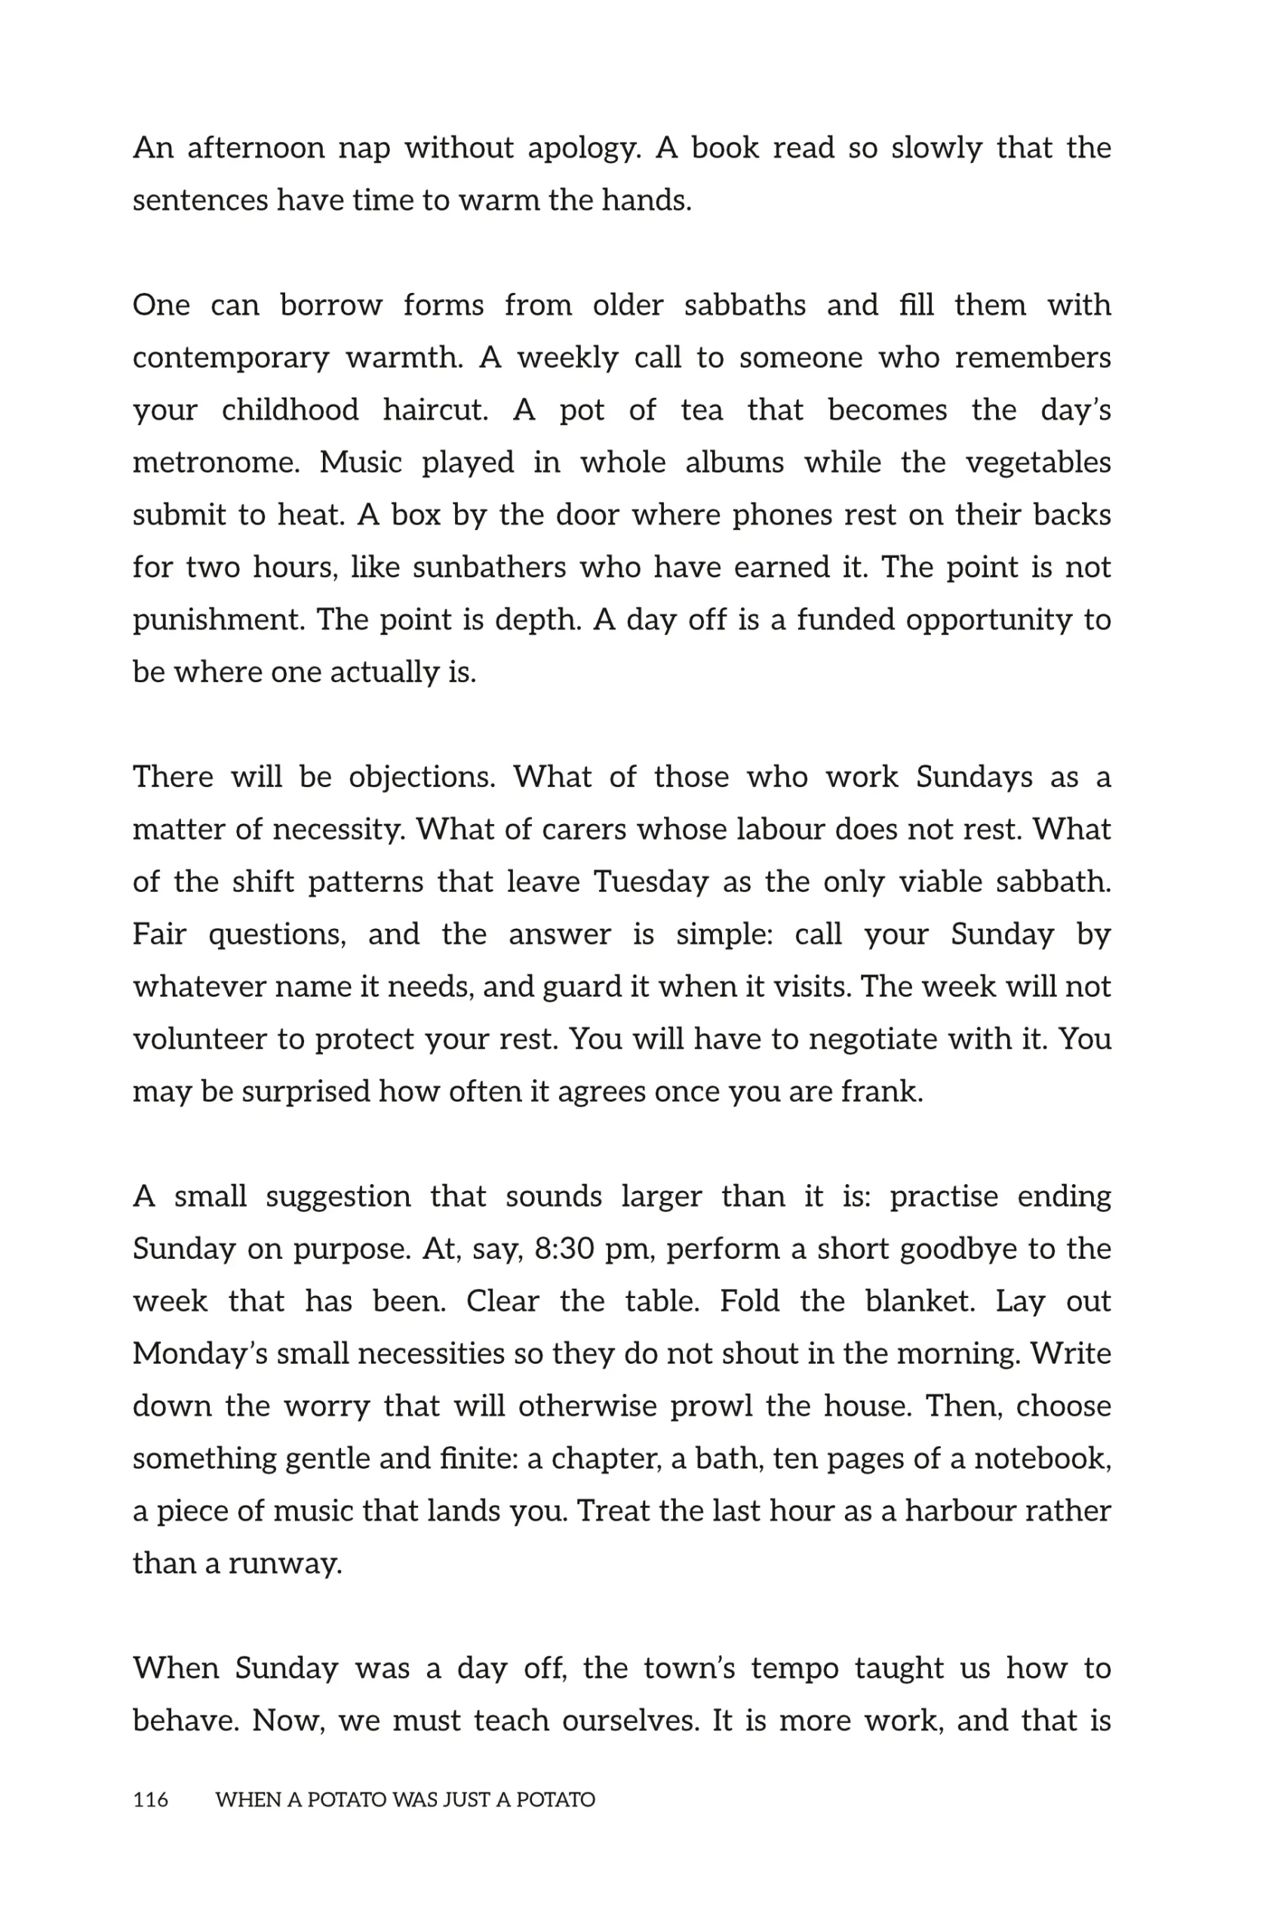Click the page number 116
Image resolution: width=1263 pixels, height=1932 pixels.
(150, 1800)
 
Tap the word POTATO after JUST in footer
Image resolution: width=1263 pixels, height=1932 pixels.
(555, 1800)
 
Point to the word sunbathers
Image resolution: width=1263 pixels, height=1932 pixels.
(489, 567)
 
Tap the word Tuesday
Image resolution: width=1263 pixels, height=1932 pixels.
(650, 881)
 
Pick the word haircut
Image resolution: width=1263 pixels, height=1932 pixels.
(435, 410)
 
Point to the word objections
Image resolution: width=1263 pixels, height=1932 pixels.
(421, 777)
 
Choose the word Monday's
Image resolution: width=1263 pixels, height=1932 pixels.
(200, 1353)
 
